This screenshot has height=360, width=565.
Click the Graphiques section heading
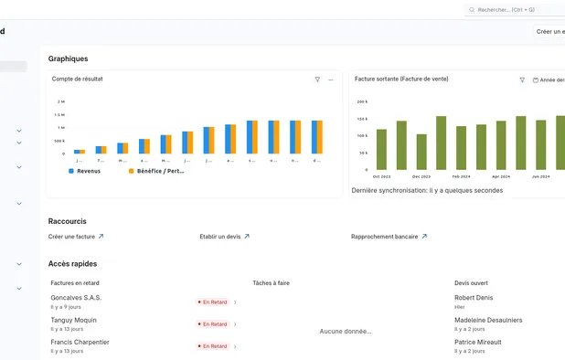(x=69, y=58)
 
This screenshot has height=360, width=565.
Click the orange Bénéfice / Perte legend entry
(x=155, y=171)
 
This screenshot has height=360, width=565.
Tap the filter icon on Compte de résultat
(x=317, y=79)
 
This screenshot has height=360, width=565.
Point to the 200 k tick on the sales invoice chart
(x=362, y=101)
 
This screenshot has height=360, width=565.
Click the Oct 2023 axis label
(x=382, y=176)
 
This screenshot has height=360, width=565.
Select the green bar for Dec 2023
(x=421, y=152)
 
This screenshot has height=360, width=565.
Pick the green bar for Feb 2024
(x=461, y=147)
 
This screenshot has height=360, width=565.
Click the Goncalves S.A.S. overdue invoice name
(x=77, y=298)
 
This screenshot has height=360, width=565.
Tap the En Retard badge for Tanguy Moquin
(x=215, y=323)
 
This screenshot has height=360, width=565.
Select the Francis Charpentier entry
(x=80, y=342)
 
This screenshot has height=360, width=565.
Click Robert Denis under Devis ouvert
(x=474, y=298)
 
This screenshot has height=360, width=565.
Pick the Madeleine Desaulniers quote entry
(x=488, y=320)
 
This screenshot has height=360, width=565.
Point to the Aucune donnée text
(x=346, y=331)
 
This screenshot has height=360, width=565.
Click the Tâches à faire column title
(x=271, y=283)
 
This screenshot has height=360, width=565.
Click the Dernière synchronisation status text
(x=427, y=190)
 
